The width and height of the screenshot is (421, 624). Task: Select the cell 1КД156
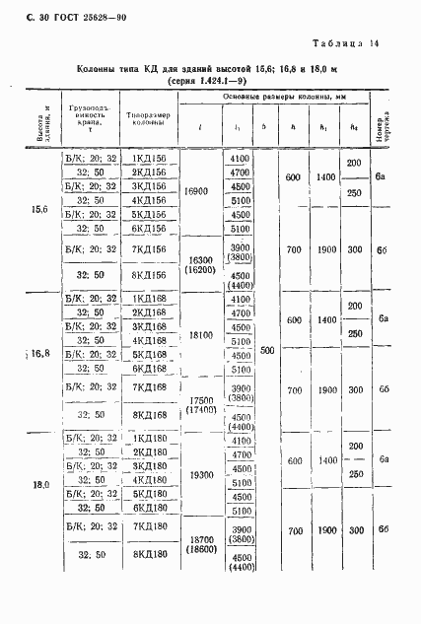click(149, 159)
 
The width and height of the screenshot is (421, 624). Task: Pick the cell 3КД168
click(149, 326)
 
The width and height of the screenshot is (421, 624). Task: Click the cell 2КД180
click(149, 452)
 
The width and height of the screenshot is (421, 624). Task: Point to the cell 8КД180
click(149, 557)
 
